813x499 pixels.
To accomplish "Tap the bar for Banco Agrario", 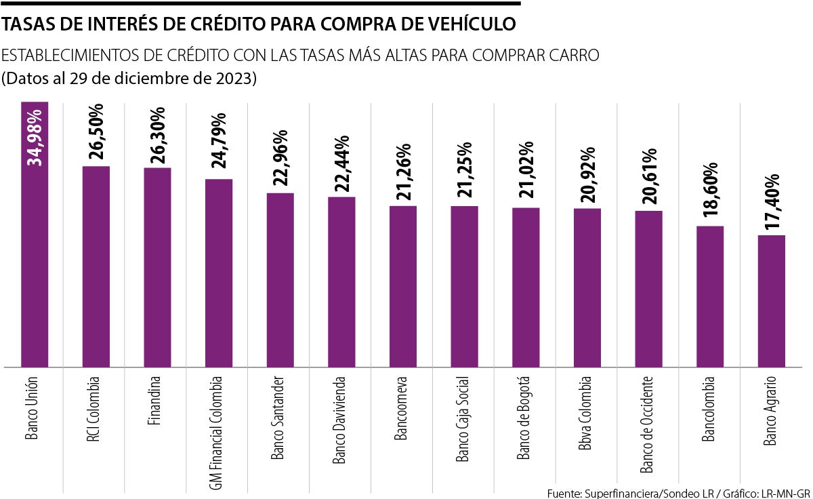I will (771, 301).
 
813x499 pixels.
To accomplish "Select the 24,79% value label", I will (219, 143).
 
